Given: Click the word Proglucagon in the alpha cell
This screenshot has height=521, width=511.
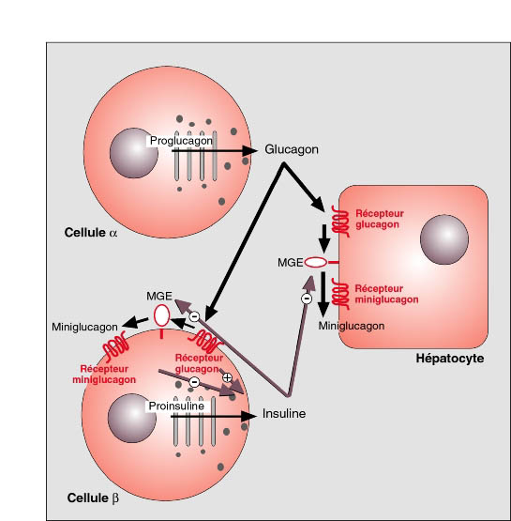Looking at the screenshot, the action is coord(181,141).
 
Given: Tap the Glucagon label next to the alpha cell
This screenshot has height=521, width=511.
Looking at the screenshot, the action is coord(292,149).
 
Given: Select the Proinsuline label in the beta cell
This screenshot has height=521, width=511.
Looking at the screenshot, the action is coord(176,406).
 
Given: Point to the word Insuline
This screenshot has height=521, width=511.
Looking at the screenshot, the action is coord(284,414).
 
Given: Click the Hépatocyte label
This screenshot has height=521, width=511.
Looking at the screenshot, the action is coord(450,359).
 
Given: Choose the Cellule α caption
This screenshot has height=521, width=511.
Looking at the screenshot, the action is coord(91,233).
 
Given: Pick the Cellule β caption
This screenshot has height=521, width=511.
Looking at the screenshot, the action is coord(93,498).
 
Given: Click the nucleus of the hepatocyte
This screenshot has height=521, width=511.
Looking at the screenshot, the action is coord(444,239).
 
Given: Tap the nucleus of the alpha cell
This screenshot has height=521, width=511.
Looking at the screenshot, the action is coord(134,153).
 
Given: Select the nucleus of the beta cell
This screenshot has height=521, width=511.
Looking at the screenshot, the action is coord(132,418).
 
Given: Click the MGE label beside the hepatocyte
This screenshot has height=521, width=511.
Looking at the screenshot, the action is coord(291,263).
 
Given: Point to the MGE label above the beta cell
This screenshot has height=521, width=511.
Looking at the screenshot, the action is coord(159,296).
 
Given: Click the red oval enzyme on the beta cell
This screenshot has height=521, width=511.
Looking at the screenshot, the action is coord(161,316).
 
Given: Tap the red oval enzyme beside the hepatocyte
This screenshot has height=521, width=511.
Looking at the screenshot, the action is coord(316,263).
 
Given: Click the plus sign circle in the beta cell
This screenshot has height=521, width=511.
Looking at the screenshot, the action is coord(227,377).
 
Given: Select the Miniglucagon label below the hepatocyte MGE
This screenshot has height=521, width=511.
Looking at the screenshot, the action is coord(352,326).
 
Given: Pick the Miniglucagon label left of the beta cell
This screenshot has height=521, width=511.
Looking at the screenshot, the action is coord(84,327).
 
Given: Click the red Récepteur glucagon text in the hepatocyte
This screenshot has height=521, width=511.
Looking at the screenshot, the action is coord(380,219).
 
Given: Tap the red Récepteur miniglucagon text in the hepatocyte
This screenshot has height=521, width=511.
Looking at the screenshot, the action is coord(386,294).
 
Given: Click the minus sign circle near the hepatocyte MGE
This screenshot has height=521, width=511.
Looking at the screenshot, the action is coord(307,299).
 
